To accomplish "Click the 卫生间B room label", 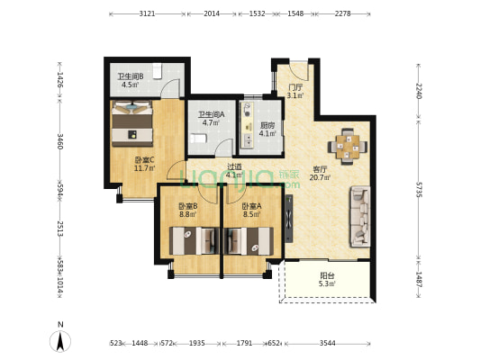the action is point(131,80).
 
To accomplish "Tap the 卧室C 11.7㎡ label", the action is point(144,164).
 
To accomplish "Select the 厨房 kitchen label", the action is point(267,130).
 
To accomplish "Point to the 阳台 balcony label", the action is point(327,280).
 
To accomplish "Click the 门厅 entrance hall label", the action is point(295,91).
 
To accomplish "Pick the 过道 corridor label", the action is point(234,171).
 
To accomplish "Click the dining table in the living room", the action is point(348,147).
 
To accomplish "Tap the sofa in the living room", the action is point(360,217).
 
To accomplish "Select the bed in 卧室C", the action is point(132,123).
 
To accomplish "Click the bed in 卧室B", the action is point(195,241).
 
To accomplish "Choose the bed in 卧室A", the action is point(249,241).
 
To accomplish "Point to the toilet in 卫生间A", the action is point(198,139).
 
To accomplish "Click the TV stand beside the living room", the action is point(289,219).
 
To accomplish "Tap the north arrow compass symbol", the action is point(60,341).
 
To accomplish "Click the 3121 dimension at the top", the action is point(148,13).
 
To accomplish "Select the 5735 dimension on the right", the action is point(419,190).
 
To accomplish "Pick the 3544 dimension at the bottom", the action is point(328,344).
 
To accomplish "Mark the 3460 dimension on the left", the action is point(60,141).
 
